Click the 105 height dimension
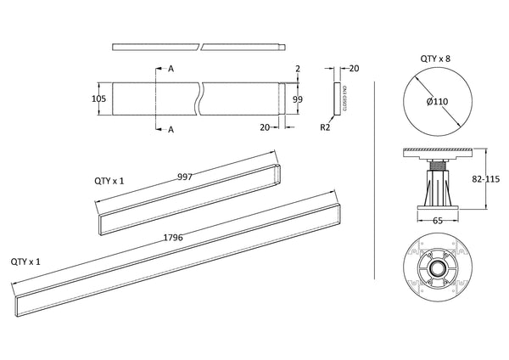98,98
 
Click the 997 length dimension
184,177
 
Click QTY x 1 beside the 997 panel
109,181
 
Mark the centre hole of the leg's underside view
437,269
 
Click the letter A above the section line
171,68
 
